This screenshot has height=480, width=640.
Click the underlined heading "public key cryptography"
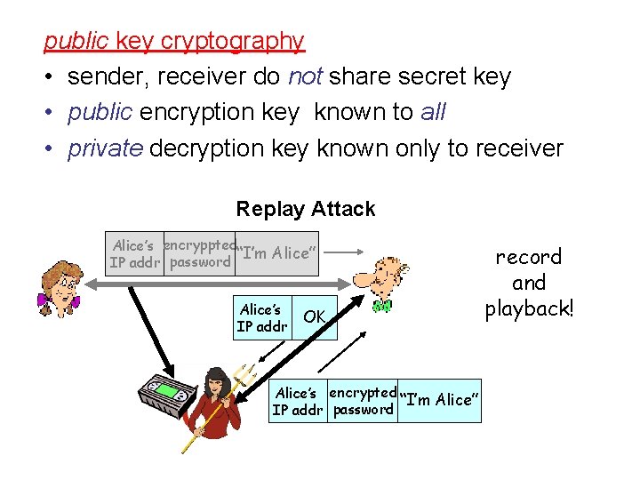click(x=174, y=41)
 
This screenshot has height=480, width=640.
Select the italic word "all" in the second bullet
click(x=432, y=113)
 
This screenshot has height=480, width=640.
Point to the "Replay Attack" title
click(x=306, y=210)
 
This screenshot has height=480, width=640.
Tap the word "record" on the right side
click(x=529, y=257)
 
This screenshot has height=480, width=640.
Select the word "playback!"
click(x=529, y=309)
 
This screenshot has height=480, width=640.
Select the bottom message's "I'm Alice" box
click(x=441, y=400)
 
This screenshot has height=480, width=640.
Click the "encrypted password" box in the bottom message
click(x=363, y=401)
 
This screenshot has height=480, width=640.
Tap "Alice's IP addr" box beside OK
click(x=261, y=317)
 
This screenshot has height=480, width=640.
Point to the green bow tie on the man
click(x=381, y=308)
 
